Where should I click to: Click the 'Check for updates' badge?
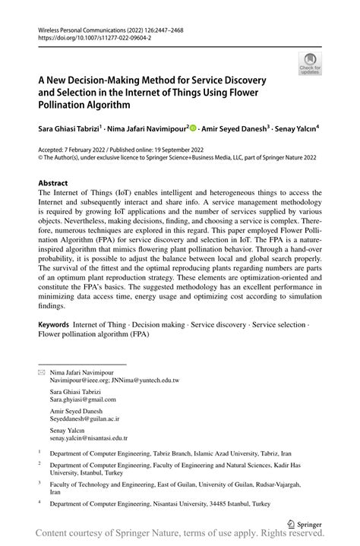(x=309, y=65)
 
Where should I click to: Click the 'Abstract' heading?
(x=53, y=184)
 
